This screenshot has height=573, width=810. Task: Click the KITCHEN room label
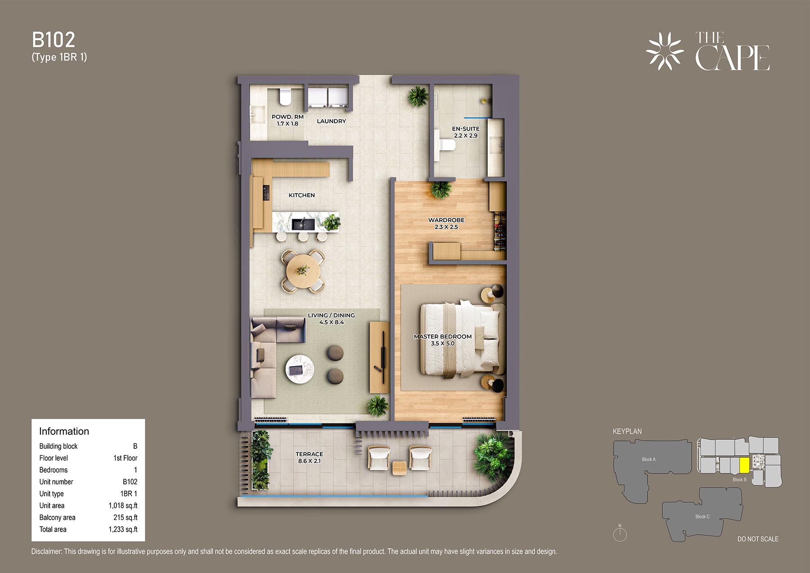tap(301, 195)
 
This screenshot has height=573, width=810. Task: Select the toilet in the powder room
tap(285, 96)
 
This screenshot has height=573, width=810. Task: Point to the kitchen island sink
tap(303, 224)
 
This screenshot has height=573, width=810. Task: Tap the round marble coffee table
tap(300, 369)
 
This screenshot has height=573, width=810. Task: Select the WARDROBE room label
tap(446, 220)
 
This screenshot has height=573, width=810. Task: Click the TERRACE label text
tap(309, 454)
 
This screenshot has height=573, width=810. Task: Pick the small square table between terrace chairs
tap(399, 469)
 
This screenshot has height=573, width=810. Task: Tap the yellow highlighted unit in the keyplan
tap(744, 465)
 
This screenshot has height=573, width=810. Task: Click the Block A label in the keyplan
tap(648, 460)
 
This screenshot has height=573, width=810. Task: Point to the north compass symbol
tap(620, 533)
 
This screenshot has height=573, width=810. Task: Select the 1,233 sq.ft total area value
tap(123, 529)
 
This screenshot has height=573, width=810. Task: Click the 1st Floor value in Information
tap(125, 458)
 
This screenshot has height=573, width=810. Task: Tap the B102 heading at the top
tap(54, 40)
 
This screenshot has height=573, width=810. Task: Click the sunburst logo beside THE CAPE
tap(665, 51)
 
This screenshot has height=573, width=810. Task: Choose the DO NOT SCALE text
tap(758, 539)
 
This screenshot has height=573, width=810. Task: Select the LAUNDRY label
tap(331, 121)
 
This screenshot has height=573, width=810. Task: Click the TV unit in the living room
tap(379, 357)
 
